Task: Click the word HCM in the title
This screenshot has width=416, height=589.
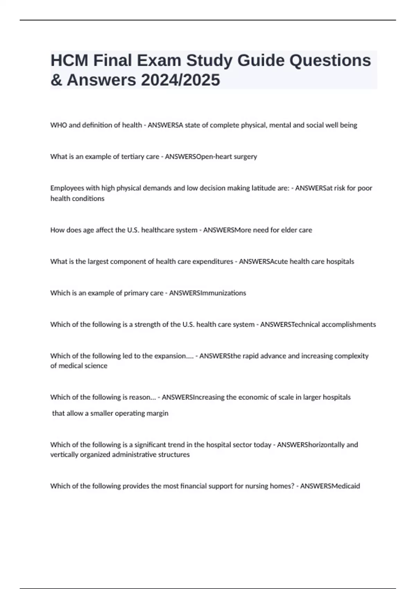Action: (x=69, y=61)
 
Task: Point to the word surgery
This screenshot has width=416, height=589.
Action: (x=245, y=157)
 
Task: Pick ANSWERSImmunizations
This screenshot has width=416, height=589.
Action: (x=207, y=293)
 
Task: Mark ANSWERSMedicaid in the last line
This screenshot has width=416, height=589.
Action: (x=330, y=486)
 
